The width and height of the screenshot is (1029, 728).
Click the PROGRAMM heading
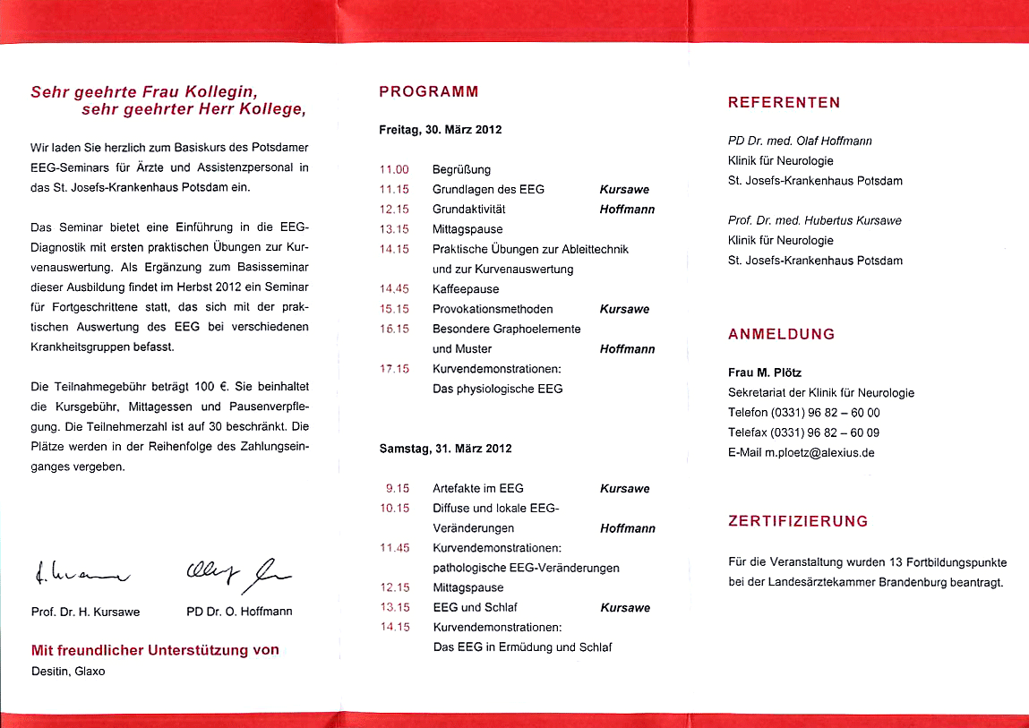point(429,91)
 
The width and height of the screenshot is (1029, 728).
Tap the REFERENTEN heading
point(784,103)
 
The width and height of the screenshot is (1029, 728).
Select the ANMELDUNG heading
point(781,334)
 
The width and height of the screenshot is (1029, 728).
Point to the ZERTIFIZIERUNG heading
point(798,521)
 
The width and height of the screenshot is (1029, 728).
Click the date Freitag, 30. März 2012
point(441,130)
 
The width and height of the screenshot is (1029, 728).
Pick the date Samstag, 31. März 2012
point(446,449)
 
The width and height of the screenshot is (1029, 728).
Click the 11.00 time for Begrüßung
point(394,169)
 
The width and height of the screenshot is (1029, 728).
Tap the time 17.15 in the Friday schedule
point(394,369)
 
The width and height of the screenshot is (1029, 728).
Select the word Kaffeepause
point(466,289)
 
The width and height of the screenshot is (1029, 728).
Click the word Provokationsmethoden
point(493,309)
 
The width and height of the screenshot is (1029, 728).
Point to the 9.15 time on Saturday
point(397,489)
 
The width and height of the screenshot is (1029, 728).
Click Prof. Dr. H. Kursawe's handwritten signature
point(81,570)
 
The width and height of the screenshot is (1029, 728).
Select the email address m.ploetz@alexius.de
point(819,453)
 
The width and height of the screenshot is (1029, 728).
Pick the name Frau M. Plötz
point(763,373)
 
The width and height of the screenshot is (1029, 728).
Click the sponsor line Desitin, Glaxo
point(68,671)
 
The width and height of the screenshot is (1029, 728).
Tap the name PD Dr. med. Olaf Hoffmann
point(800,141)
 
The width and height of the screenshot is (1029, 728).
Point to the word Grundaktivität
point(469,210)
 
